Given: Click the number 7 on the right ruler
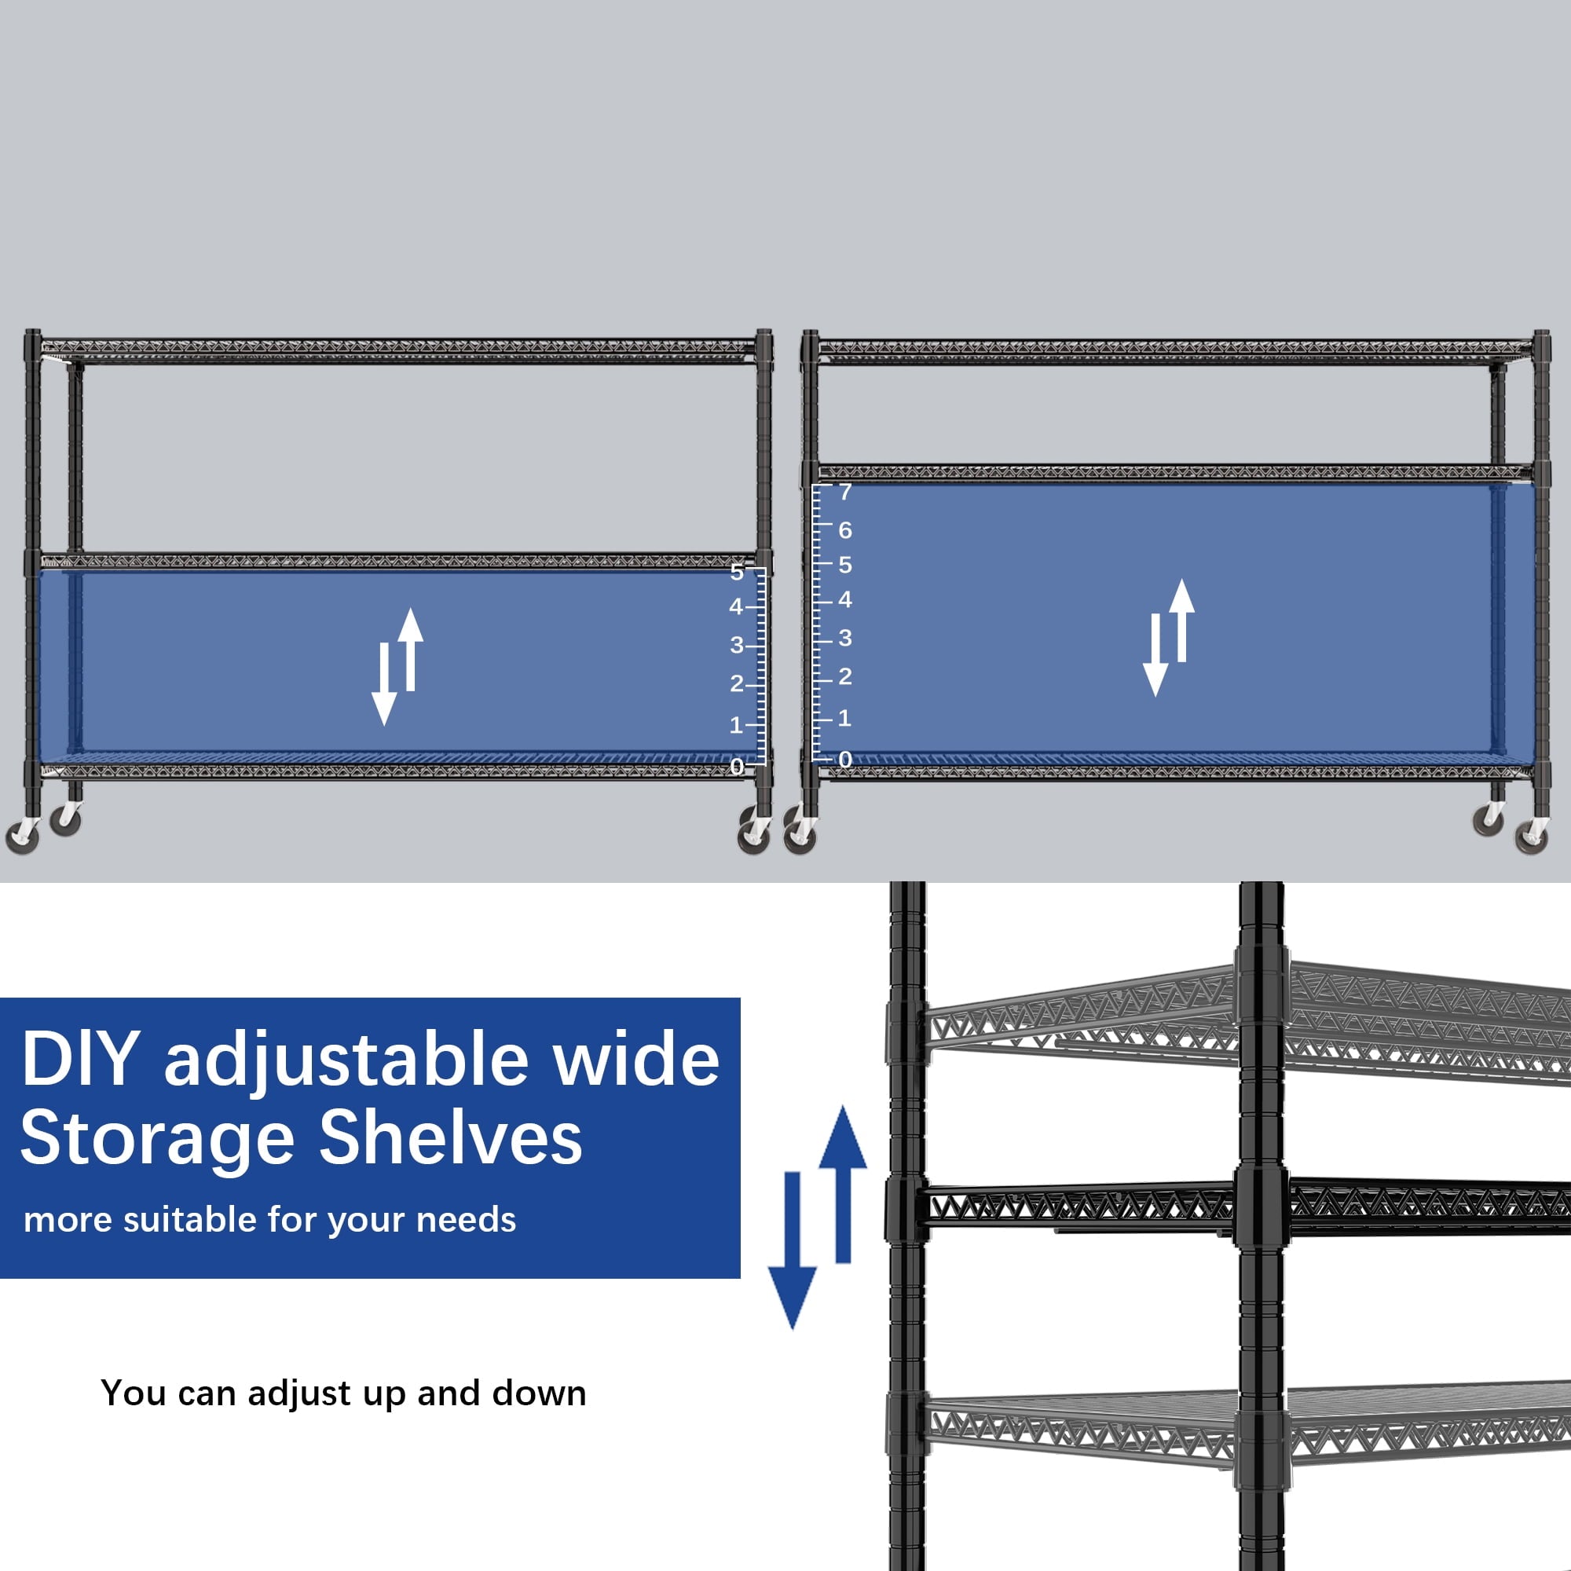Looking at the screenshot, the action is [x=846, y=492].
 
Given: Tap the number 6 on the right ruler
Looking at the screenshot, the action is [x=846, y=530].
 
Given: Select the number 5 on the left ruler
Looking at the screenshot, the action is [x=737, y=572].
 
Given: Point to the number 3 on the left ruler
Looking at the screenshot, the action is [x=737, y=645].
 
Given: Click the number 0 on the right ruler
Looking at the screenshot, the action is [x=846, y=760].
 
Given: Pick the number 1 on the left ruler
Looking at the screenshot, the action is [x=736, y=724].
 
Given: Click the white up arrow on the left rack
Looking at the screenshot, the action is [x=411, y=649].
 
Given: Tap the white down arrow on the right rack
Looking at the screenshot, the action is [x=1155, y=655].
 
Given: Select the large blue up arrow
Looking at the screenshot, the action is [x=842, y=1184].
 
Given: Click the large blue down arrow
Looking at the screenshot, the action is [x=793, y=1250].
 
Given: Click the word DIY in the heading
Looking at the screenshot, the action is [x=79, y=1058].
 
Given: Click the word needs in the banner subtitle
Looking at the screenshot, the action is [x=466, y=1221].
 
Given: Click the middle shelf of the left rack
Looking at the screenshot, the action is [x=398, y=561].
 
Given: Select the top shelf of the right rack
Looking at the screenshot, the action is [x=1175, y=350].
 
